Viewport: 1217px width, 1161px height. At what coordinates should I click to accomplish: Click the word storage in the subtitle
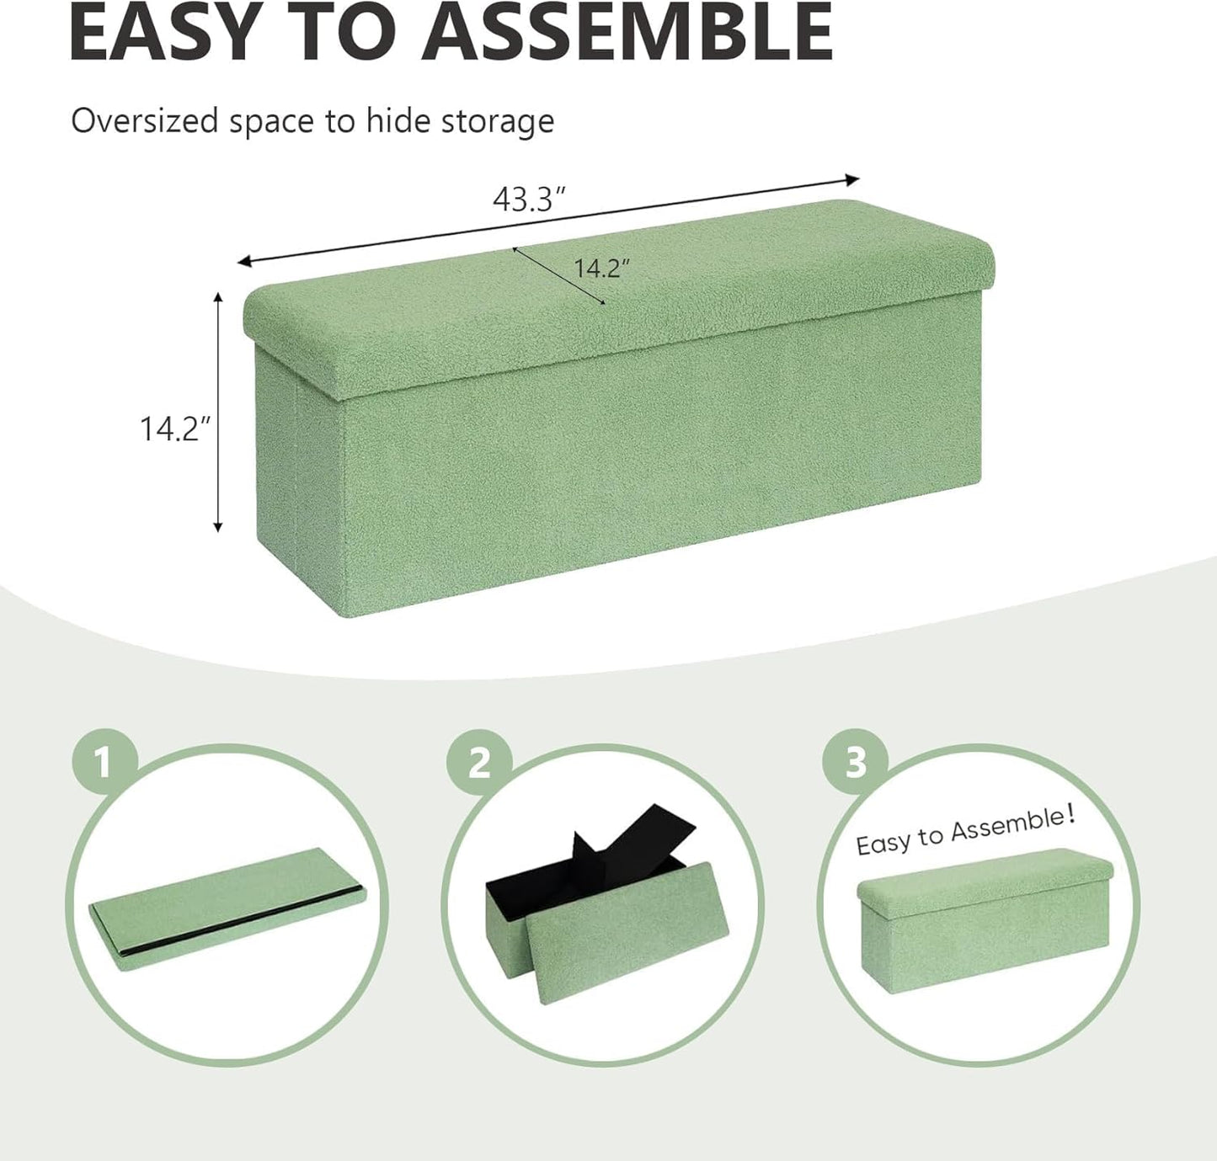[503, 121]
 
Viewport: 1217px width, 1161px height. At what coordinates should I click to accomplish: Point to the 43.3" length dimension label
[527, 200]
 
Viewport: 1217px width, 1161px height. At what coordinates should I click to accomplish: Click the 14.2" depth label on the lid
[601, 268]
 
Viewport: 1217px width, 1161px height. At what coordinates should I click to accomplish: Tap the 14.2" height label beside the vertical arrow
[173, 429]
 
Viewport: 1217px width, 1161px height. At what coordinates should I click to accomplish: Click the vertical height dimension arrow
[218, 413]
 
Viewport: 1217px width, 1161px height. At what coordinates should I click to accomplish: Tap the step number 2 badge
[479, 763]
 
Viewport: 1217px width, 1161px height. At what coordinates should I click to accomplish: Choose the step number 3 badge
[855, 763]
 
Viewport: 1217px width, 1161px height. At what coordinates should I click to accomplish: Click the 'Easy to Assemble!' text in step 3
[965, 831]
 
